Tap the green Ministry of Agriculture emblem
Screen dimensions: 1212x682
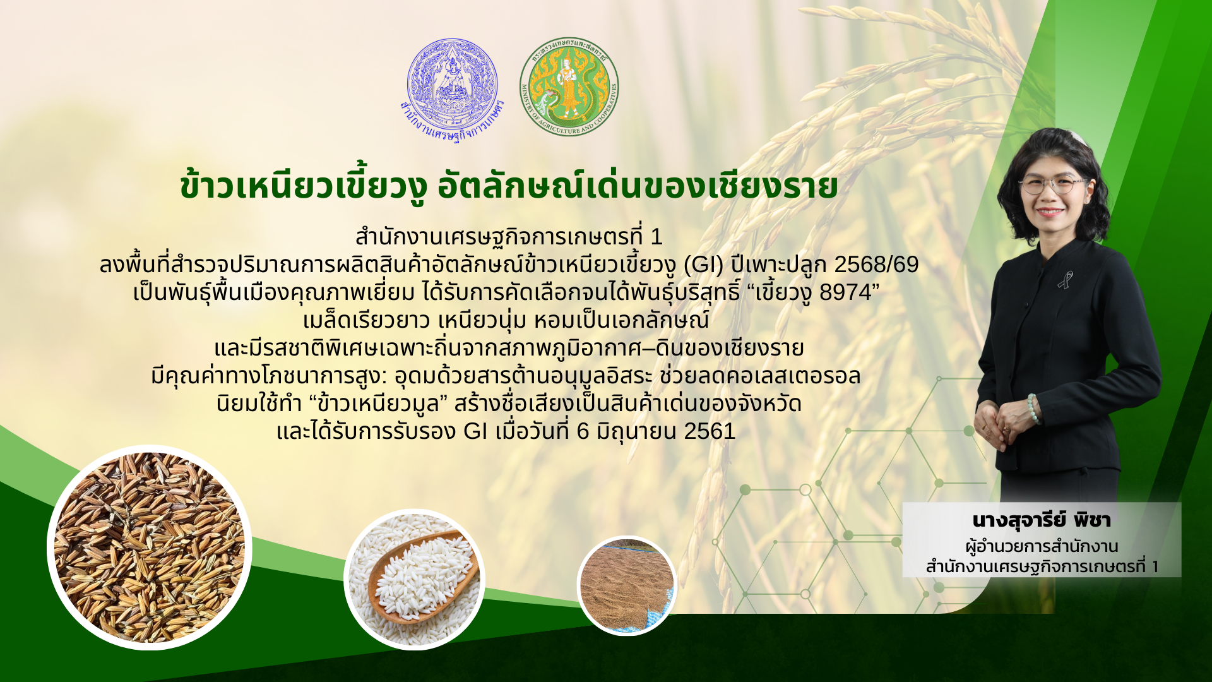coord(569,87)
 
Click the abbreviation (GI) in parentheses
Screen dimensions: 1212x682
coord(704,265)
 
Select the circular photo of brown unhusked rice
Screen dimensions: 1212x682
coord(150,547)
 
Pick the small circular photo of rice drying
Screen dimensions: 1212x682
coord(627,585)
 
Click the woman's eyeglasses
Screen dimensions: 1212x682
coord(1053,185)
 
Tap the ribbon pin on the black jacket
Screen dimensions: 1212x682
coord(1066,279)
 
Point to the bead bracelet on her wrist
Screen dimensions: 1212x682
coord(1033,409)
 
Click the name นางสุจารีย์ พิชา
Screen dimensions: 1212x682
coord(1042,520)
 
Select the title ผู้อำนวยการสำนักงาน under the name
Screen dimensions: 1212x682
coord(1042,546)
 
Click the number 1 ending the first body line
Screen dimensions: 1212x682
coord(656,237)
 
